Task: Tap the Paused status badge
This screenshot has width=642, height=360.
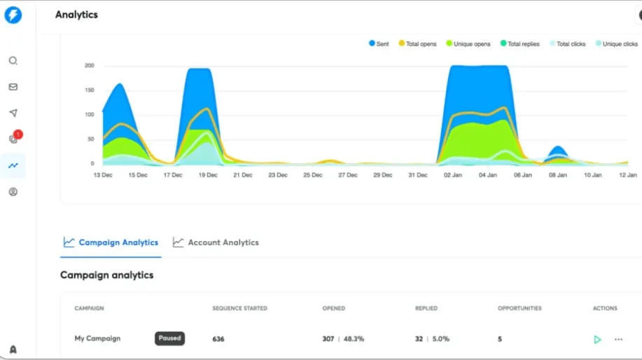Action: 169,338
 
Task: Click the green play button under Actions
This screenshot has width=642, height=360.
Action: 597,340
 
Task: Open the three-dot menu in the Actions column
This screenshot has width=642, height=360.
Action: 618,340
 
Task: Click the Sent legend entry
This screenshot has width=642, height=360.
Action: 379,44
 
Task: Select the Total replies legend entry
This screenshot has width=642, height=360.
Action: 519,44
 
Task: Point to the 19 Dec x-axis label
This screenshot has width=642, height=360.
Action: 208,175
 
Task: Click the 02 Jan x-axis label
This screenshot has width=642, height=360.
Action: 451,175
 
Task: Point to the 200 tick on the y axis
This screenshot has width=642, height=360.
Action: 89,66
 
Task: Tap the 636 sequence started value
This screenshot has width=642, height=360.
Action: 219,339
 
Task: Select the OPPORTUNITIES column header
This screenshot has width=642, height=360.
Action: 519,308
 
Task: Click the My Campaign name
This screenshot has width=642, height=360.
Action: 97,338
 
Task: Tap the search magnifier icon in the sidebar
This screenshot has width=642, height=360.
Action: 13,61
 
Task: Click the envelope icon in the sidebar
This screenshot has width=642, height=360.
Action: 13,87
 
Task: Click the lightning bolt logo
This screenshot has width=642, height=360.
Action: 13,15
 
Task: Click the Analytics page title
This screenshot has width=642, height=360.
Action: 76,15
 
